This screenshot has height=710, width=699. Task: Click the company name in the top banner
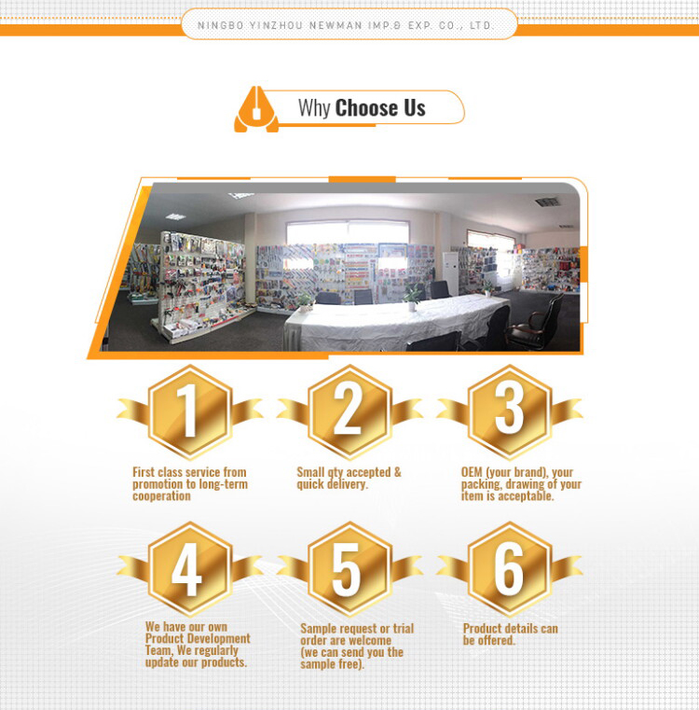pyautogui.click(x=345, y=25)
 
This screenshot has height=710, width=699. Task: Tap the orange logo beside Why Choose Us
pyautogui.click(x=256, y=109)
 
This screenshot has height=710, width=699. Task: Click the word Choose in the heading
pyautogui.click(x=365, y=108)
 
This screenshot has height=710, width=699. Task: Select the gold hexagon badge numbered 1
pyautogui.click(x=190, y=411)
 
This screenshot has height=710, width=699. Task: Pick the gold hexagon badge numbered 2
pyautogui.click(x=349, y=411)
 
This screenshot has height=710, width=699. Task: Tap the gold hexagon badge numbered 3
pyautogui.click(x=510, y=411)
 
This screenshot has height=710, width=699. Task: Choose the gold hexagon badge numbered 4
pyautogui.click(x=190, y=569)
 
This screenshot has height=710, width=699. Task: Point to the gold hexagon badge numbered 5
pyautogui.click(x=349, y=569)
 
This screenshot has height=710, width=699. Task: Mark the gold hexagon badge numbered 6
pyautogui.click(x=510, y=569)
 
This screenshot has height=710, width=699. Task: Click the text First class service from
pyautogui.click(x=189, y=472)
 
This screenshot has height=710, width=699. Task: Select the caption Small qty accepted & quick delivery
pyautogui.click(x=349, y=479)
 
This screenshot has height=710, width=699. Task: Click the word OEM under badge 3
pyautogui.click(x=472, y=472)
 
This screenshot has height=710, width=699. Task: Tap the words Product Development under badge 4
pyautogui.click(x=198, y=638)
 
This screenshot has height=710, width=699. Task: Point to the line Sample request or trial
pyautogui.click(x=357, y=629)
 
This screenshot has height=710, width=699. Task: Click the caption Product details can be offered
pyautogui.click(x=511, y=634)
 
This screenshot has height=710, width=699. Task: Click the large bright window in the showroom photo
pyautogui.click(x=348, y=233)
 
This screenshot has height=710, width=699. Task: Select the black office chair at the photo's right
pyautogui.click(x=537, y=323)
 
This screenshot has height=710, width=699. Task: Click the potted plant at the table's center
pyautogui.click(x=412, y=298)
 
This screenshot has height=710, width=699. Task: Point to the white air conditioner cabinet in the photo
pyautogui.click(x=450, y=273)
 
